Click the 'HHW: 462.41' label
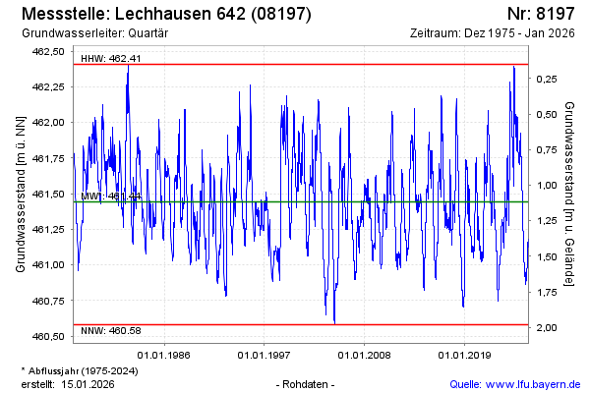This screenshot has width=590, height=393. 111,58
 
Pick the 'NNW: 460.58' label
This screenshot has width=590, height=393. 111,330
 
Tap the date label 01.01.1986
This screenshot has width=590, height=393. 163,355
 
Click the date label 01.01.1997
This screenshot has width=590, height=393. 265,355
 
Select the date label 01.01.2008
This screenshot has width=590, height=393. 365,355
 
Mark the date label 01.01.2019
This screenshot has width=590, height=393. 465,355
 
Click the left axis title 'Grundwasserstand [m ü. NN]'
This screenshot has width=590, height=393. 20,192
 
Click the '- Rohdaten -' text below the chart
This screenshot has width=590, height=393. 307,383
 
